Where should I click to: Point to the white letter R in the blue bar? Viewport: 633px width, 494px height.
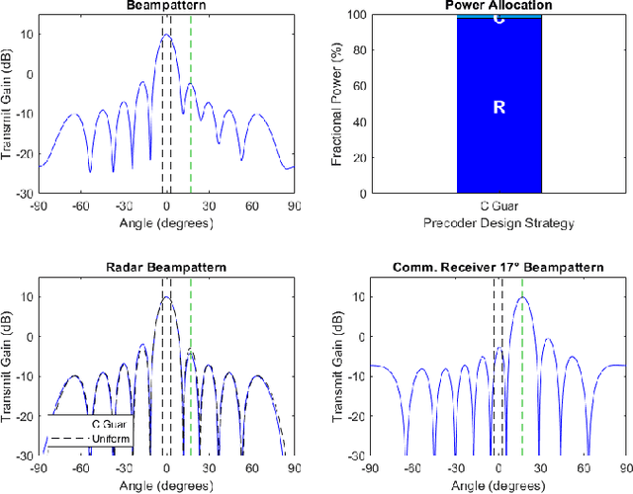point(498,107)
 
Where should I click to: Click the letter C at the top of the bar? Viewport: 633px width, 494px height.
point(498,19)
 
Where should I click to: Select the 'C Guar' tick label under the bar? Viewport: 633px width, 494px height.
point(498,207)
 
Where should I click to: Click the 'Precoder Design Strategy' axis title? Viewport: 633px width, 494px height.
point(498,223)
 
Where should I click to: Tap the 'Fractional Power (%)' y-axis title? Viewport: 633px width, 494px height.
point(338,103)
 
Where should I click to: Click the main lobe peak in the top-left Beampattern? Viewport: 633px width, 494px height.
point(166,35)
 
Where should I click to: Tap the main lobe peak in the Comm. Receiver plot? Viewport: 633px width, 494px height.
point(522,297)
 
